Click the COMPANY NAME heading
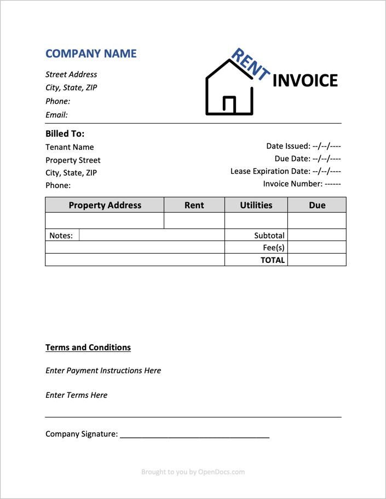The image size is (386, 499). click(91, 54)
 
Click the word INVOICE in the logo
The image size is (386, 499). click(305, 80)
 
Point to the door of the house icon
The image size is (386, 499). click(230, 105)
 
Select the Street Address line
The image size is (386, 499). click(71, 74)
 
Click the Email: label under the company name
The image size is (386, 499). click(56, 115)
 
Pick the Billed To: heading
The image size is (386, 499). click(65, 133)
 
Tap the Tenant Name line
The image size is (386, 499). click(70, 147)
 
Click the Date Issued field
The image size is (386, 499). click(303, 146)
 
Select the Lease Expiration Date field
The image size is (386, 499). click(286, 171)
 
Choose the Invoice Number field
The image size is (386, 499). click(302, 184)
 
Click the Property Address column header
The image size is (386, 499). click(105, 206)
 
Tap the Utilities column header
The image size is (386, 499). click(256, 206)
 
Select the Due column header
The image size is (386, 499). click(317, 206)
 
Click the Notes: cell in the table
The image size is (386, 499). click(61, 236)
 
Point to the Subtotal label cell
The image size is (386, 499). click(269, 236)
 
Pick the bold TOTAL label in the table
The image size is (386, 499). click(272, 260)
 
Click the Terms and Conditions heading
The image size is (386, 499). click(88, 347)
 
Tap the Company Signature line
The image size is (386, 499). click(194, 435)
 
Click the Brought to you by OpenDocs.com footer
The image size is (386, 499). click(193, 472)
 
